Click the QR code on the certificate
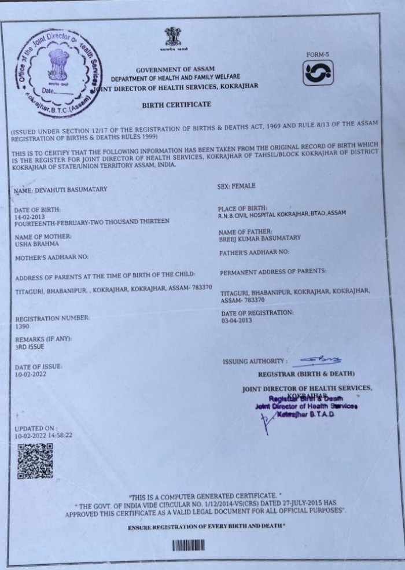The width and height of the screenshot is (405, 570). (35, 461)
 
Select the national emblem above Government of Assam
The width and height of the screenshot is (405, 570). (172, 39)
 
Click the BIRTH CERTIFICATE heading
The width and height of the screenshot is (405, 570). (176, 105)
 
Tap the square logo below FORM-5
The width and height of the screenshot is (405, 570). (318, 73)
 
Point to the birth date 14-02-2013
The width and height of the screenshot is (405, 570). (30, 215)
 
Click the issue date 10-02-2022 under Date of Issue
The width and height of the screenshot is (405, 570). (31, 374)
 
